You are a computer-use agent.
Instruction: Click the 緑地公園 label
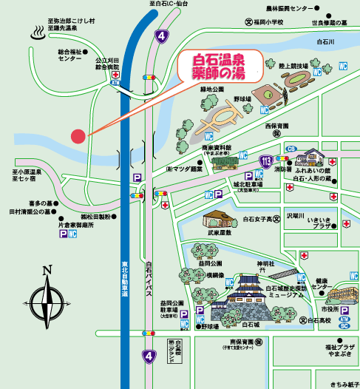[212, 90]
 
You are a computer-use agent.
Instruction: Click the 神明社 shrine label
[265, 263]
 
